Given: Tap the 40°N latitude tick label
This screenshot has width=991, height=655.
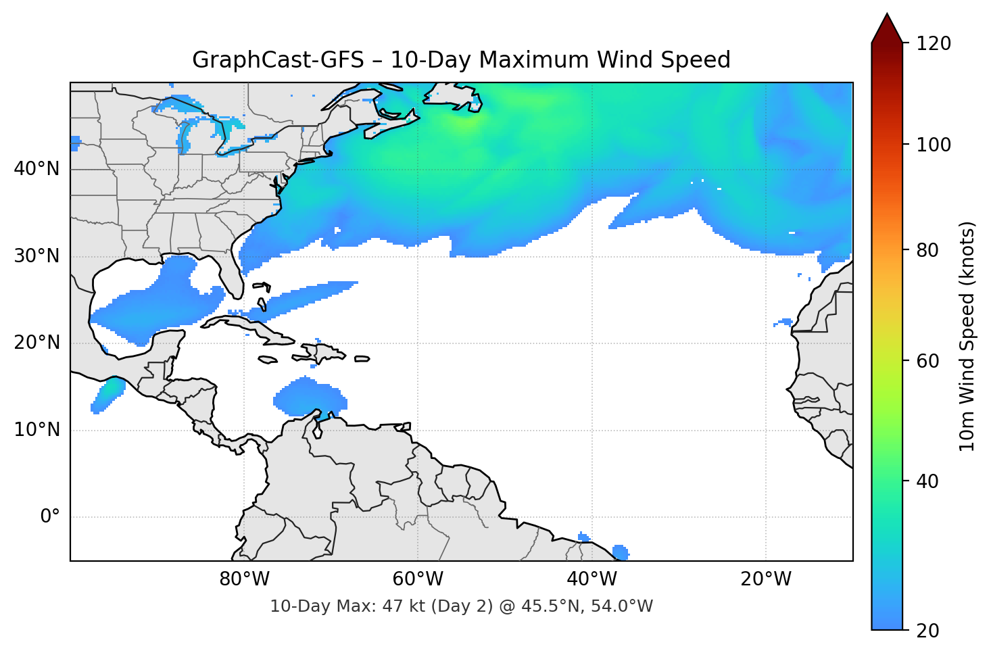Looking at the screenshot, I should coord(37,169).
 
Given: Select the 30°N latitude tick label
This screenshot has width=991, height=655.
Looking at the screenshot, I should coord(37,256).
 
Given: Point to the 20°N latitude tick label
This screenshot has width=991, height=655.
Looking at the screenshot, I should coord(37,343).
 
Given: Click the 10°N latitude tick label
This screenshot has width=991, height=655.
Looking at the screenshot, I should coord(37,430).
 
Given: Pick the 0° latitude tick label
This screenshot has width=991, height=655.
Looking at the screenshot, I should coord(50,517).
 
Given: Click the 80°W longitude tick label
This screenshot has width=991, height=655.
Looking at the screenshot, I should coord(244,579).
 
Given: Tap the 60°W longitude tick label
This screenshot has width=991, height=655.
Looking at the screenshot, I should coord(418,579).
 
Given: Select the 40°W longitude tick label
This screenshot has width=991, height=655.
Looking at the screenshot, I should coord(591,579).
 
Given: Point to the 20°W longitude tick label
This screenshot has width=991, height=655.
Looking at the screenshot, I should coord(765,579).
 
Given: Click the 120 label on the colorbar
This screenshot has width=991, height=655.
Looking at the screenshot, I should coord(934,44).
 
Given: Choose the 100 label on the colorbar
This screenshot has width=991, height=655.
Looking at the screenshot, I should coord(934,145).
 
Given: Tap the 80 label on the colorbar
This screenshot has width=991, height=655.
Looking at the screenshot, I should coord(927,250).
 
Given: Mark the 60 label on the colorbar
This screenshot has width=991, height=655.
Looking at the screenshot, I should coord(927,361).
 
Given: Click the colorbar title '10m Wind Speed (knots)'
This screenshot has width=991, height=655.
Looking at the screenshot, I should coord(967,337).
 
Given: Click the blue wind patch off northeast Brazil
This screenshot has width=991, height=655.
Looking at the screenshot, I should coord(621,552).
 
